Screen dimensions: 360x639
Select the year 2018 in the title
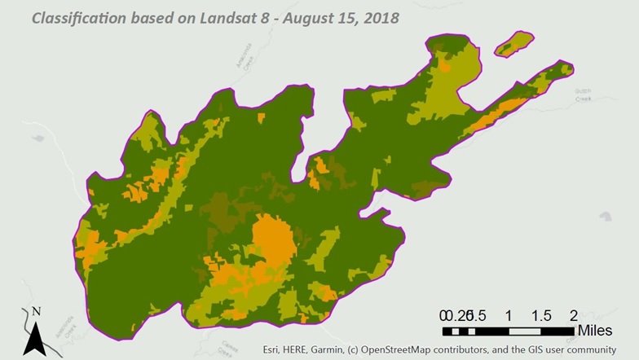(x=380, y=15)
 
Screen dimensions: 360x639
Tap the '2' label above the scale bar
(x=573, y=315)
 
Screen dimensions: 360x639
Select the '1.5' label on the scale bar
(x=540, y=315)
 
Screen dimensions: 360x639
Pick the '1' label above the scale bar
(x=508, y=315)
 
